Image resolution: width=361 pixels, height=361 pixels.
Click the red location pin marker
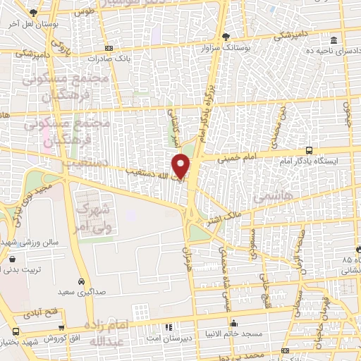pos(181,165)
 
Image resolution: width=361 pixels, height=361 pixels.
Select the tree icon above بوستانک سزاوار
pos(225,36)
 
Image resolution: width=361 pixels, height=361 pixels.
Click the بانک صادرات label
pos(126,59)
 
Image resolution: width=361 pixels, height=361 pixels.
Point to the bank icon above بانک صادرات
pos(107,48)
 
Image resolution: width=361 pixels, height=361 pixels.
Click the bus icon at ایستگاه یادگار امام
pos(309,150)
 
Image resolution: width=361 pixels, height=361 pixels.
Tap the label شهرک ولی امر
pos(97,218)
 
